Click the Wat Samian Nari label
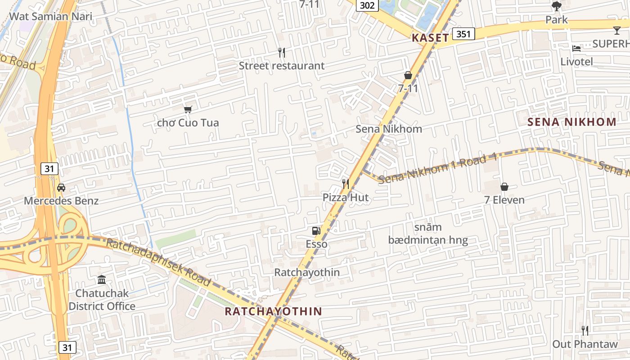[50, 17]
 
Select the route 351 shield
[463, 34]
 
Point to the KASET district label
[430, 38]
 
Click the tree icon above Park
[557, 6]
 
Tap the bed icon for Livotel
[576, 48]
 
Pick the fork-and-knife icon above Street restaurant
[282, 53]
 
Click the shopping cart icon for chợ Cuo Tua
[188, 109]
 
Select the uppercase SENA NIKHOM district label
[571, 122]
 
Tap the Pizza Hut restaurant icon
[346, 184]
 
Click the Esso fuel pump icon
[316, 231]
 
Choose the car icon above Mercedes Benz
[61, 188]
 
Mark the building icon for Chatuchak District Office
[102, 280]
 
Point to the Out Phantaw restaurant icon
[585, 331]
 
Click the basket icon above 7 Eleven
[504, 186]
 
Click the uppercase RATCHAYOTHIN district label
[273, 311]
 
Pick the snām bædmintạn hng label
[428, 234]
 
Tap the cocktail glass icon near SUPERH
[616, 31]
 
